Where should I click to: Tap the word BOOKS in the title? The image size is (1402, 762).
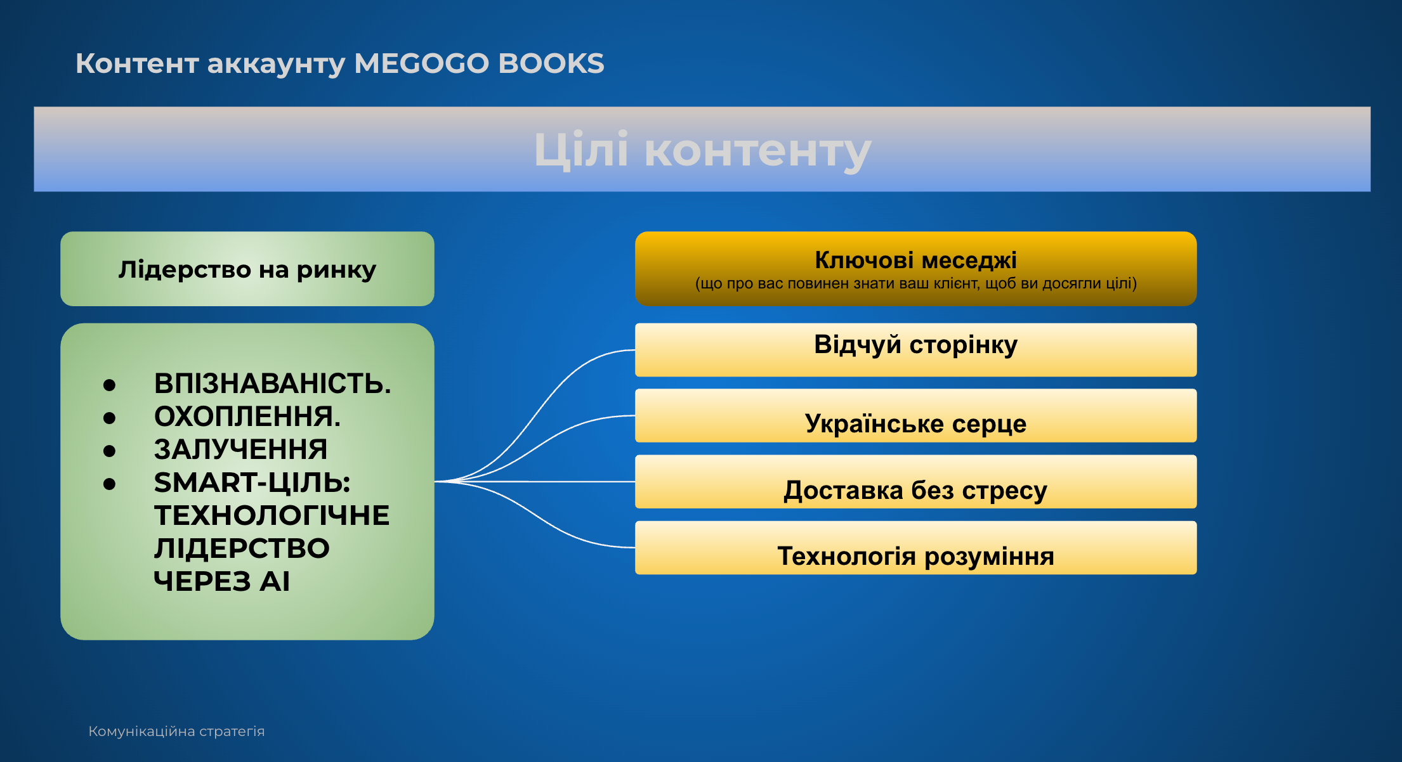pyautogui.click(x=551, y=63)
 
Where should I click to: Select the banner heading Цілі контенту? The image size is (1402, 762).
pyautogui.click(x=702, y=150)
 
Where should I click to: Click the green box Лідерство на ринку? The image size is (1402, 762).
pyautogui.click(x=247, y=269)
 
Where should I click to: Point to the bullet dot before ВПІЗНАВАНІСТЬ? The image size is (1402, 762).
pyautogui.click(x=110, y=385)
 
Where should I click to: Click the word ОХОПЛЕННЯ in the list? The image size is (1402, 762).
pyautogui.click(x=247, y=417)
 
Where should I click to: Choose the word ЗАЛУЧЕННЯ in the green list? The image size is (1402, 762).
pyautogui.click(x=240, y=449)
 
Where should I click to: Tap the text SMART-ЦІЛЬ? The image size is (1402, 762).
pyautogui.click(x=252, y=482)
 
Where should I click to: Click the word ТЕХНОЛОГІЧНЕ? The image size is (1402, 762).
pyautogui.click(x=272, y=515)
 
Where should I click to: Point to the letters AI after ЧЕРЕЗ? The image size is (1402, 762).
pyautogui.click(x=275, y=581)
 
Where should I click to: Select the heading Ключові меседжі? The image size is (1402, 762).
pyautogui.click(x=915, y=260)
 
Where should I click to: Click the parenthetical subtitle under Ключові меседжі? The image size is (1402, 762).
pyautogui.click(x=915, y=283)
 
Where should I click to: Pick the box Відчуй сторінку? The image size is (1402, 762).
pyautogui.click(x=915, y=350)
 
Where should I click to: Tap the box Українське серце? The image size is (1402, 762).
pyautogui.click(x=915, y=416)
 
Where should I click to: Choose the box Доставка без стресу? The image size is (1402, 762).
pyautogui.click(x=915, y=482)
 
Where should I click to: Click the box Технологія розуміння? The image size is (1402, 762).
pyautogui.click(x=915, y=548)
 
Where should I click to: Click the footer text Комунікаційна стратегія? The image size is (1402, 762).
pyautogui.click(x=176, y=732)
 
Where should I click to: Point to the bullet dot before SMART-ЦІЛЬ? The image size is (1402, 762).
pyautogui.click(x=110, y=484)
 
